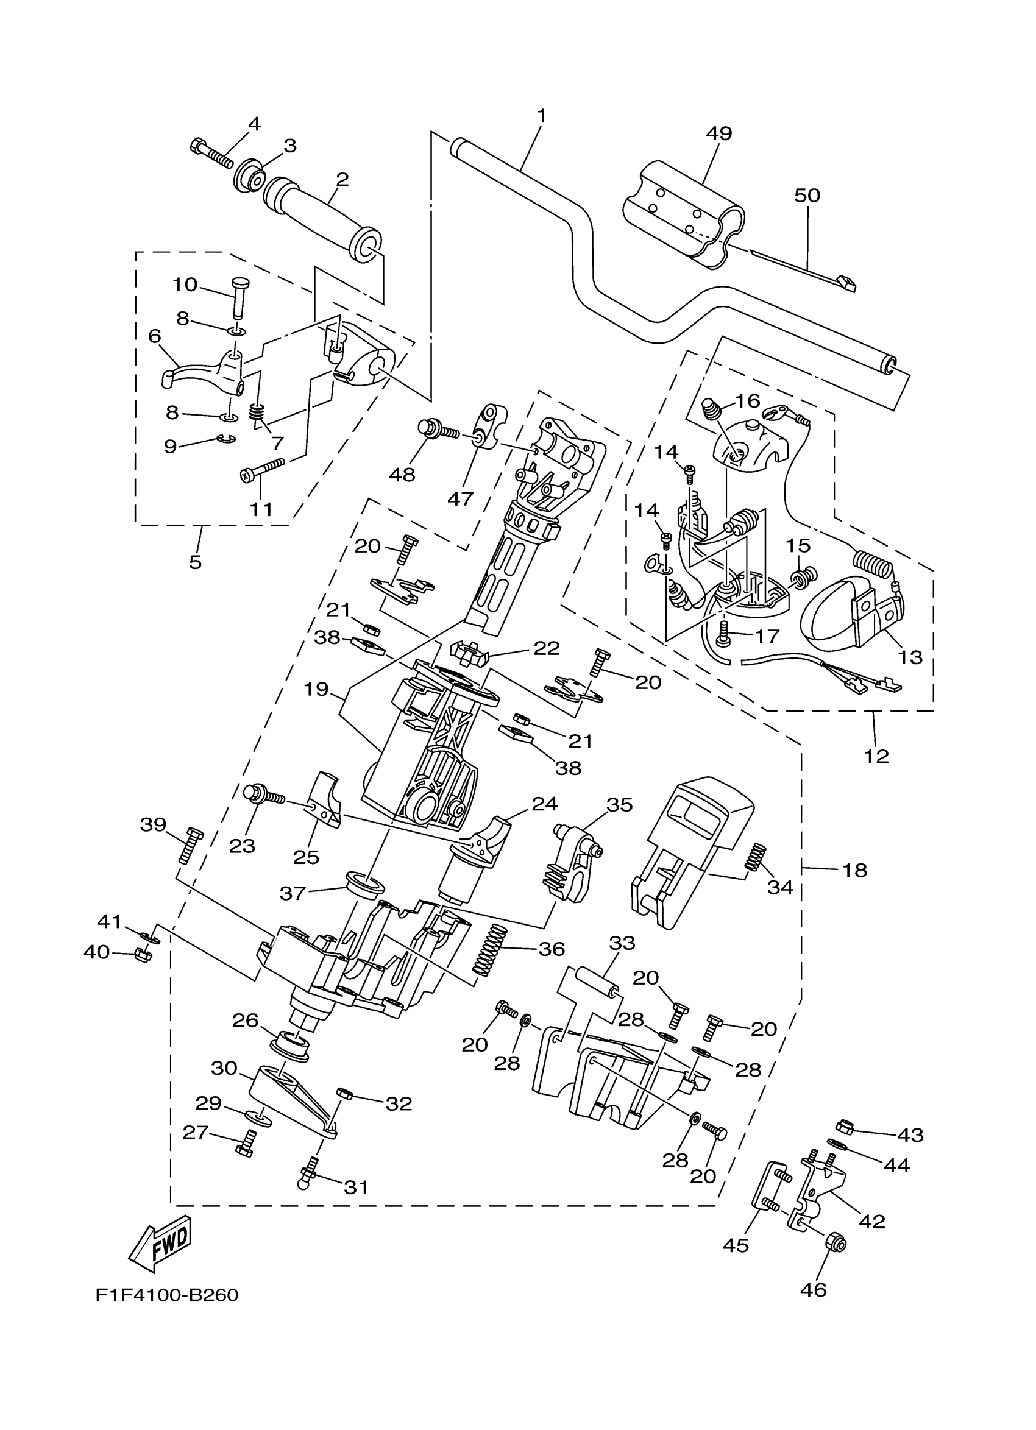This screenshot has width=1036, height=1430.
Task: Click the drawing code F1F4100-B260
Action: point(167,1295)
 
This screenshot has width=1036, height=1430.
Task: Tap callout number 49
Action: point(718,133)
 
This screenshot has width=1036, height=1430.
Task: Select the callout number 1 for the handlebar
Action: point(541,116)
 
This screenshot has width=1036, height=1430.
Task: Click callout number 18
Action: point(854,870)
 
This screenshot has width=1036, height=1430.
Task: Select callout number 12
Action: point(876,756)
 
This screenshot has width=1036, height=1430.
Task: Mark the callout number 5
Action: point(196,562)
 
